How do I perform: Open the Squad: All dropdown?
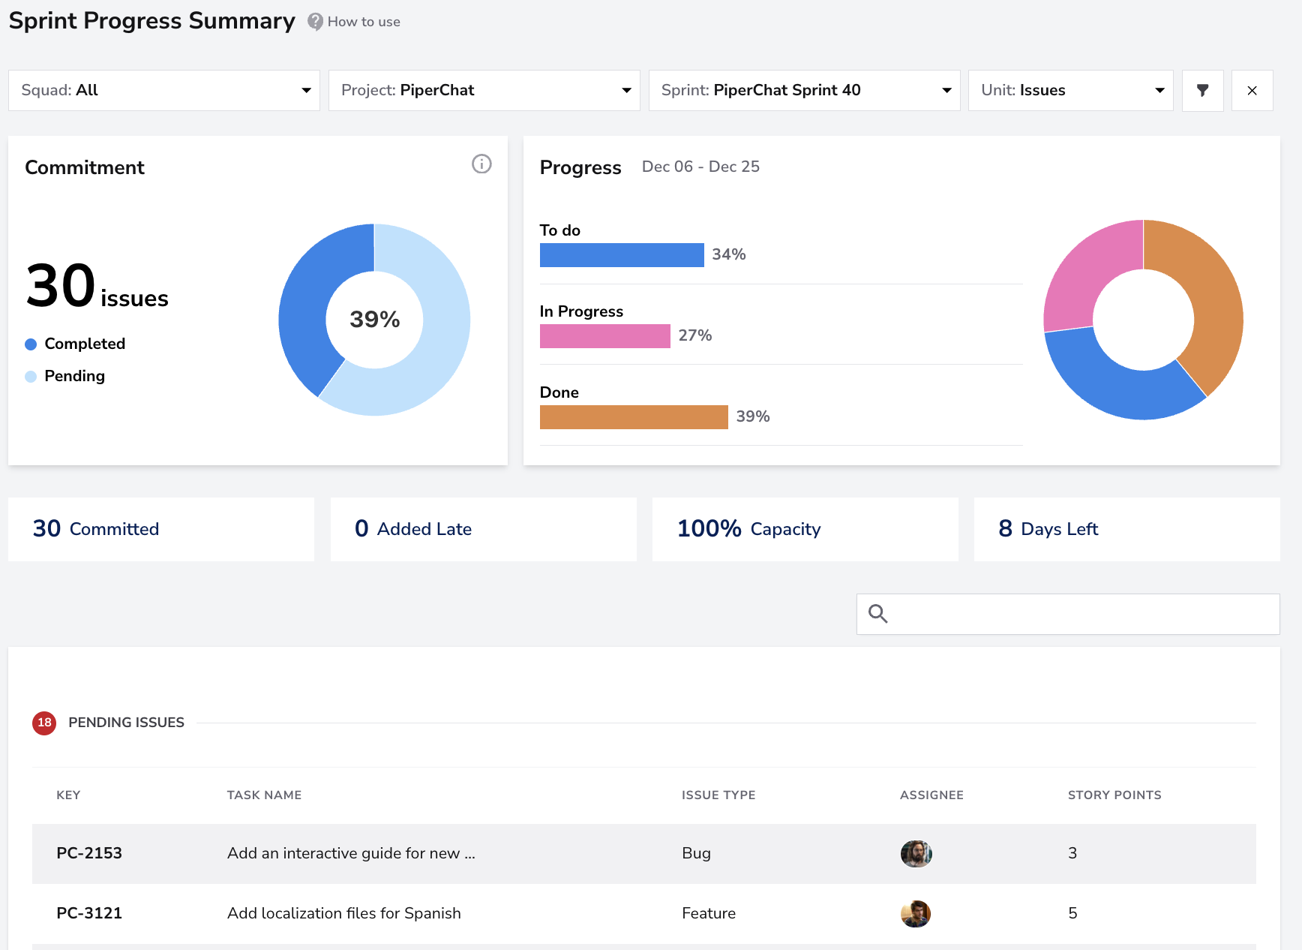(x=164, y=90)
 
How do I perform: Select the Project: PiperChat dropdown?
(x=484, y=90)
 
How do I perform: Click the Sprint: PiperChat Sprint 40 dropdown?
(x=805, y=90)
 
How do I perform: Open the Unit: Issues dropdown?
(x=1071, y=90)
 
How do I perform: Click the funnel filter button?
(x=1203, y=90)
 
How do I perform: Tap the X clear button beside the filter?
(x=1252, y=90)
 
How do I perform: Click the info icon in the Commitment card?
(x=481, y=164)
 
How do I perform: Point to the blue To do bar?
(x=622, y=255)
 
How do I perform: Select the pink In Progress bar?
(x=605, y=336)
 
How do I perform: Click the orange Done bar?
(x=634, y=417)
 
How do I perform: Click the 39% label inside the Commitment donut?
(x=375, y=319)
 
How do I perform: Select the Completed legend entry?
(x=75, y=344)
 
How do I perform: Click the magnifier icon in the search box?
(x=878, y=614)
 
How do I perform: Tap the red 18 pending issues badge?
(x=44, y=723)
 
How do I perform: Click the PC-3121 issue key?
(x=89, y=913)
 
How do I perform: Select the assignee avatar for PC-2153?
(x=916, y=854)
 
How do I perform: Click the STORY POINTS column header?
(x=1114, y=795)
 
